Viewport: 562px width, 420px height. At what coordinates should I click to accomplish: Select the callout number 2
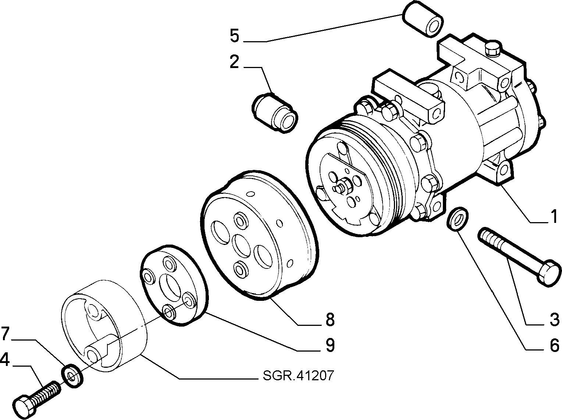(234, 61)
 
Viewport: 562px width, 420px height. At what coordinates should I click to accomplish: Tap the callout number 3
(554, 320)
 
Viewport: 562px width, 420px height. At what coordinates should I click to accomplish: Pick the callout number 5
(235, 36)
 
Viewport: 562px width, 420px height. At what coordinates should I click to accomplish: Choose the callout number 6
(554, 345)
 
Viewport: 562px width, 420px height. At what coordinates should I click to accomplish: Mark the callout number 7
(6, 334)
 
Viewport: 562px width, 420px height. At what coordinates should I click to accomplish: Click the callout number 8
(330, 320)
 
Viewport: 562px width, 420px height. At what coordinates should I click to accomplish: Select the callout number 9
(330, 345)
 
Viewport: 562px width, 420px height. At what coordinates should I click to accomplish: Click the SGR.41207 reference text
(299, 376)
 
